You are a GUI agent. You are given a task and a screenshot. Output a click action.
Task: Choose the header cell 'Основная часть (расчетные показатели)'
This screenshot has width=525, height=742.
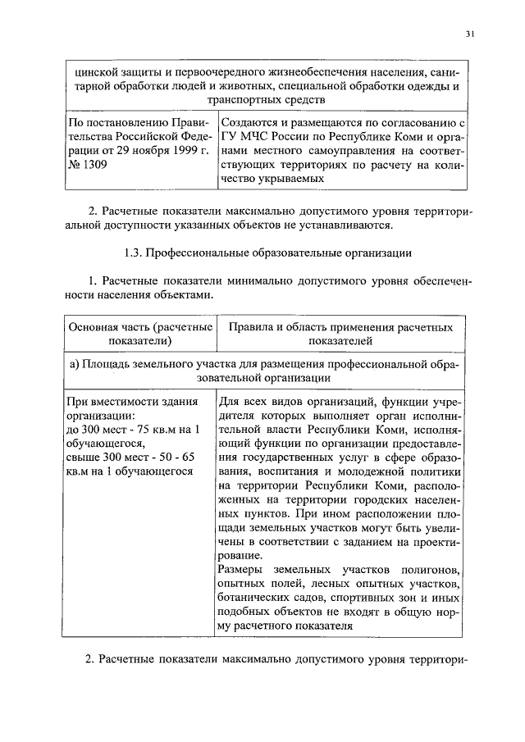pyautogui.click(x=138, y=334)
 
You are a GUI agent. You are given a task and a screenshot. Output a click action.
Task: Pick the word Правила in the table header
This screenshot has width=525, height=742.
pyautogui.click(x=250, y=327)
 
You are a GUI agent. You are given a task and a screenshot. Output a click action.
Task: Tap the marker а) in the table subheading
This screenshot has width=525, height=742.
pyautogui.click(x=74, y=364)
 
